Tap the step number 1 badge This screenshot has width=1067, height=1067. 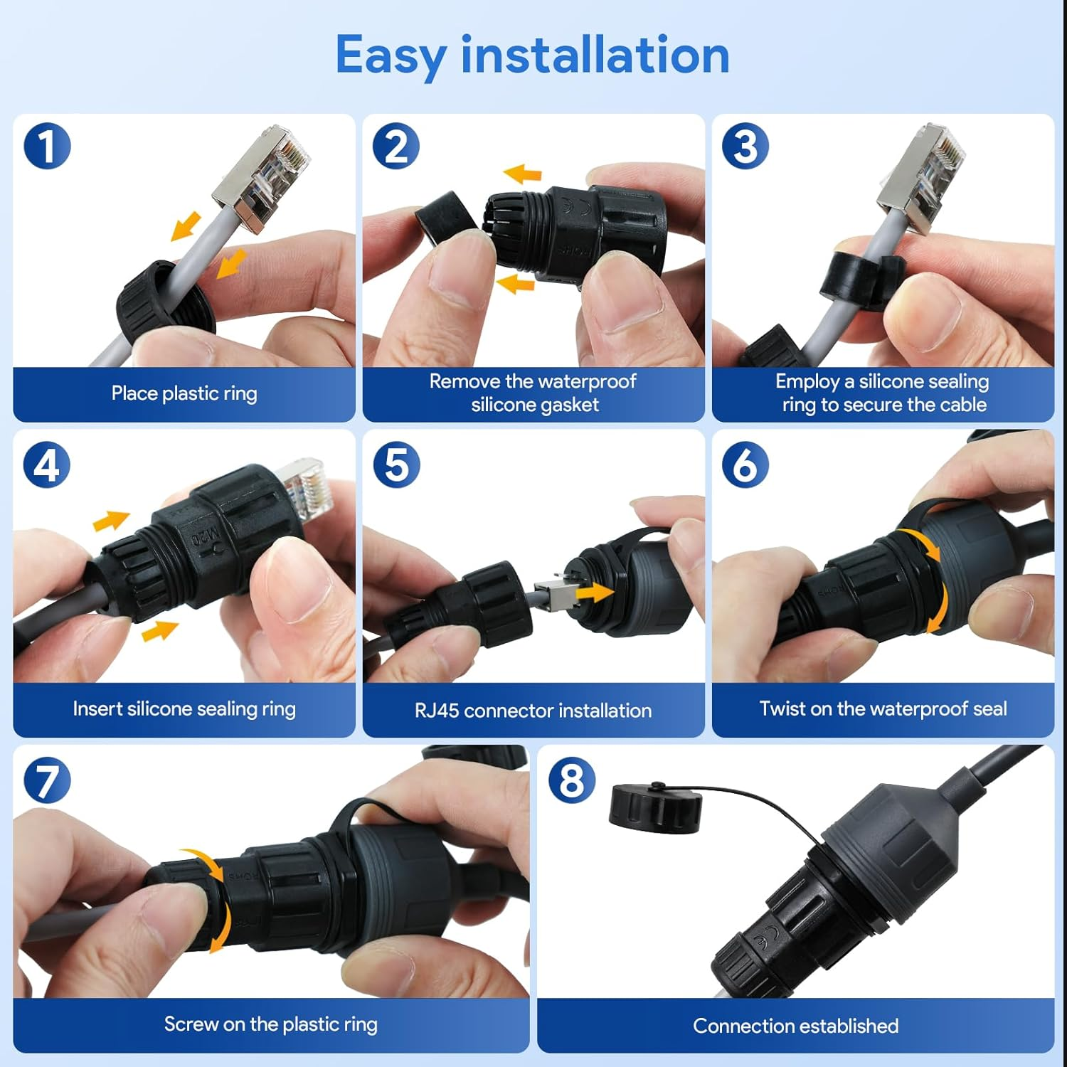tap(47, 147)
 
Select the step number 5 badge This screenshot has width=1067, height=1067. tap(396, 465)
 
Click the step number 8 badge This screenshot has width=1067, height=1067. tap(571, 780)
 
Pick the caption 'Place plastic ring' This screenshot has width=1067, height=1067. tap(184, 393)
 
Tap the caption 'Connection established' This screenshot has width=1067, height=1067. tap(795, 1026)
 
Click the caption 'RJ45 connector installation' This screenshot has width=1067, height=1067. tap(533, 711)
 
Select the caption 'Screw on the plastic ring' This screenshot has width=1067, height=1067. tap(270, 1024)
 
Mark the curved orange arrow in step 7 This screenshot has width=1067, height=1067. tap(213, 898)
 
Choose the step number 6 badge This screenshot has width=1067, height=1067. tap(745, 465)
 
